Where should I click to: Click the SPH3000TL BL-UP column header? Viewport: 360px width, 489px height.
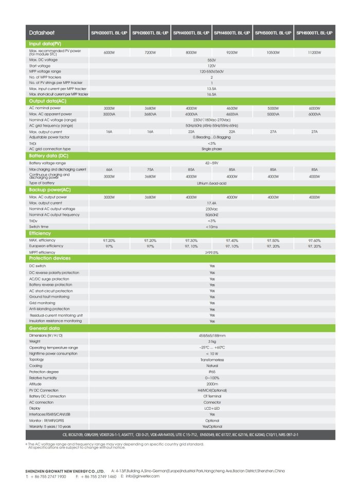click(x=109, y=33)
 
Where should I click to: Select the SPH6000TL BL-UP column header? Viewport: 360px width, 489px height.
click(x=315, y=33)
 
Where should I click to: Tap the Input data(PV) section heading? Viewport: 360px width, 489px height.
click(x=45, y=44)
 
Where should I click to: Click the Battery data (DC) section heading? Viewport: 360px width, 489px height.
click(x=50, y=155)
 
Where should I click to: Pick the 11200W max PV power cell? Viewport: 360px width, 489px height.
click(x=315, y=53)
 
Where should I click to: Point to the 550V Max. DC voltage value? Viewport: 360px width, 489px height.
click(x=211, y=60)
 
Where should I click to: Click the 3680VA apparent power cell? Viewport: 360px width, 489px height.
click(x=150, y=114)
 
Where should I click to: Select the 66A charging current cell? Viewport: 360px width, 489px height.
click(x=109, y=169)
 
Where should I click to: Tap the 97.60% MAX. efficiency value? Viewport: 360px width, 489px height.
click(x=315, y=240)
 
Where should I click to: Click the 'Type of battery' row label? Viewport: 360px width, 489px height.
click(x=42, y=183)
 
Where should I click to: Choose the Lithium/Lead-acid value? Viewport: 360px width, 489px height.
click(x=211, y=183)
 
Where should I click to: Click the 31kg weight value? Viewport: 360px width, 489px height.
click(x=211, y=341)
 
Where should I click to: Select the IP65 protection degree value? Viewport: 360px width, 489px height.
click(x=211, y=372)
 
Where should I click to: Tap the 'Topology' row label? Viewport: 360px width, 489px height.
click(x=37, y=360)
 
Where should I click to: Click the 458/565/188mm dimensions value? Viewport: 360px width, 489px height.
click(x=211, y=336)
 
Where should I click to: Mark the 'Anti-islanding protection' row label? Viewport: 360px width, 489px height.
click(x=49, y=309)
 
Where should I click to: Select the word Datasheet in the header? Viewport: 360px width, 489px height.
click(x=42, y=33)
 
